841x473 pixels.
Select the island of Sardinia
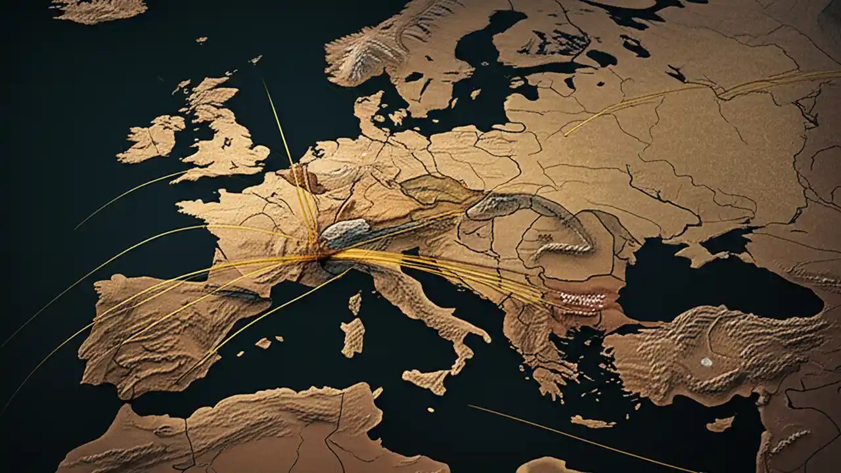353,336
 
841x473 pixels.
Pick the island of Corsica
355,303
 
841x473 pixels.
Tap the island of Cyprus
720,424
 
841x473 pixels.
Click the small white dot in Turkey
706,362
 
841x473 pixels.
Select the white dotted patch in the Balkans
582,300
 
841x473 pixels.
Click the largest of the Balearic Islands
263,343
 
